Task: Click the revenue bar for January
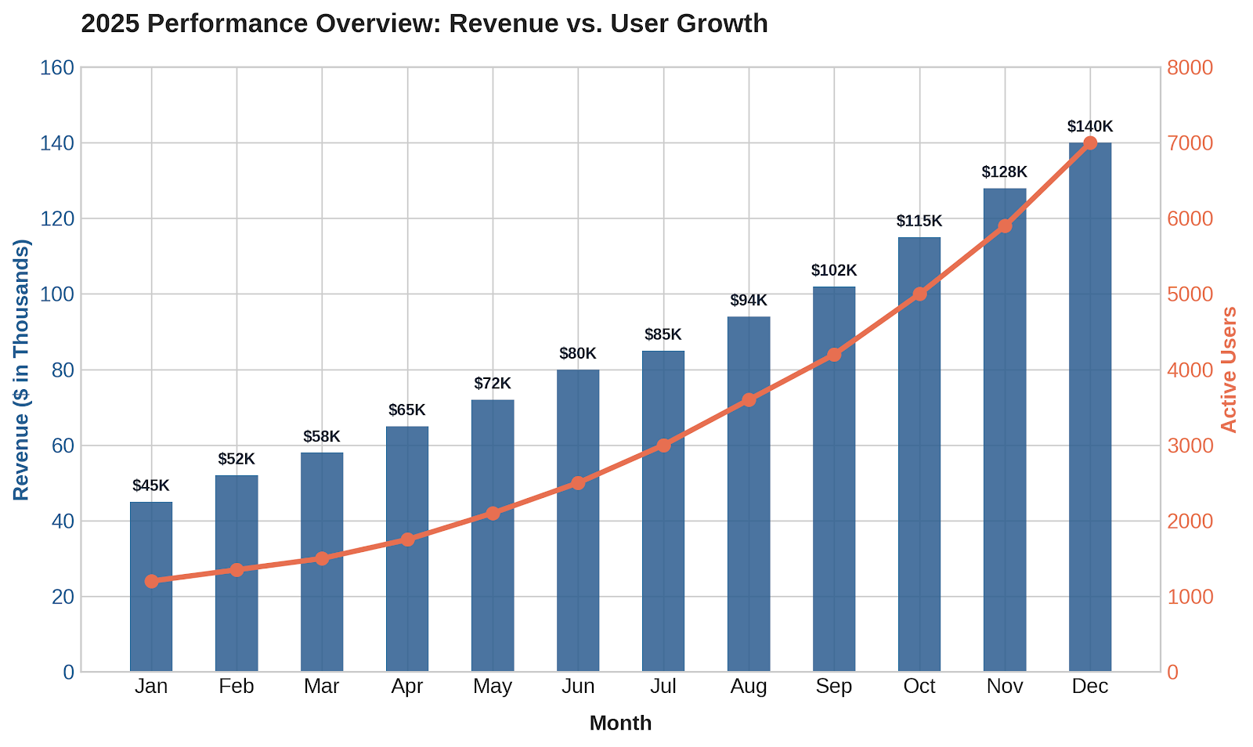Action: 151,586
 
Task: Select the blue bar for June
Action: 578,521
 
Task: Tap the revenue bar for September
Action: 834,479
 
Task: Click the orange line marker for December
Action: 1090,143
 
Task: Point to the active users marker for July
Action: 663,446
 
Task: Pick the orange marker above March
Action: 322,558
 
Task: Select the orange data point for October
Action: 919,294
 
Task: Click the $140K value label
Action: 1090,126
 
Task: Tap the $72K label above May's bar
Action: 493,384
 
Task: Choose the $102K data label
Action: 834,271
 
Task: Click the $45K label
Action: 151,485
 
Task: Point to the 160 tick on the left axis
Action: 57,67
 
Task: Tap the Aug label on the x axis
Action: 749,686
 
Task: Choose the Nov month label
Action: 1005,686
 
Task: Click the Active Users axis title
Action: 1229,370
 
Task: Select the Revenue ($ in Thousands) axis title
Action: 21,370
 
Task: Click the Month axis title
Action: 621,723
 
